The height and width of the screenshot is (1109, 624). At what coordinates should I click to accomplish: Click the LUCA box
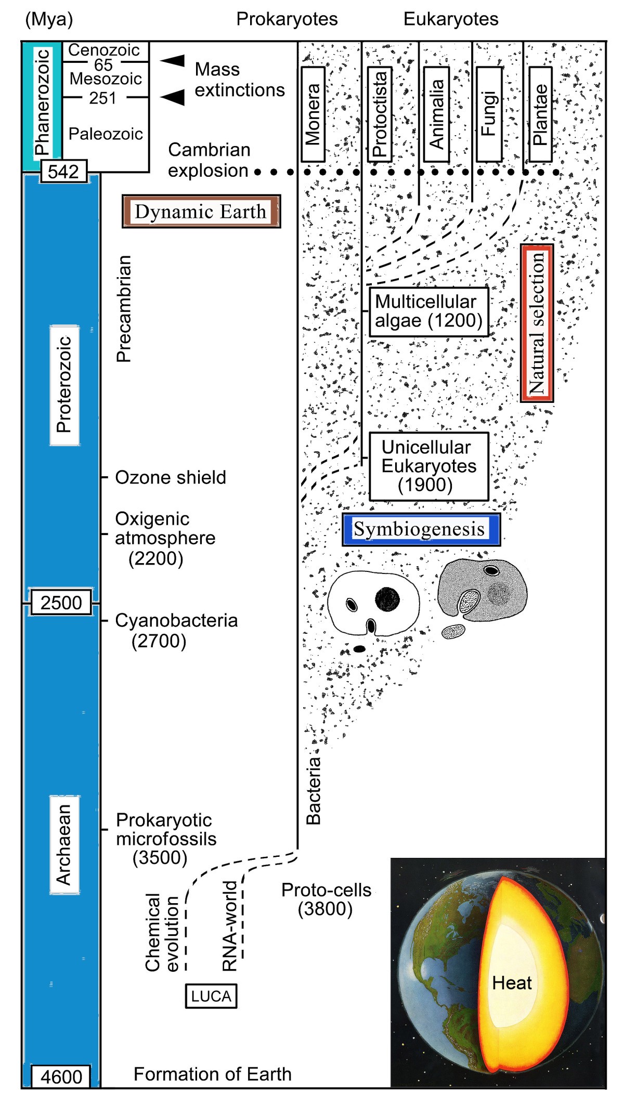(x=211, y=996)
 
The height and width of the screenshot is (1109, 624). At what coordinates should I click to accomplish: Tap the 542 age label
(x=63, y=172)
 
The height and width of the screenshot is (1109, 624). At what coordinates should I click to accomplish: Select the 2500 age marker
(x=61, y=603)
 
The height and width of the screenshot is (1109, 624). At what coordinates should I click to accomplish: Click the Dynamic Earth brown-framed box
(x=201, y=212)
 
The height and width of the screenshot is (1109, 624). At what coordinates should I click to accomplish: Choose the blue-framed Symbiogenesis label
(x=421, y=529)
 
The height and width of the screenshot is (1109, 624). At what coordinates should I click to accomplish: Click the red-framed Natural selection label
(x=537, y=323)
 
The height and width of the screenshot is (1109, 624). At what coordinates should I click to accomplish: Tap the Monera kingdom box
(x=313, y=114)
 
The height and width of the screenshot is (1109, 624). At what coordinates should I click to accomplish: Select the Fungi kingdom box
(x=489, y=114)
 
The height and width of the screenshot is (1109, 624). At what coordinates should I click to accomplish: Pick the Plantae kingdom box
(x=540, y=114)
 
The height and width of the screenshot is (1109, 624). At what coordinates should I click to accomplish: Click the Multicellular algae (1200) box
(x=428, y=311)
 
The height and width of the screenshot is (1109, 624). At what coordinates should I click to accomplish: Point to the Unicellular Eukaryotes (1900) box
(x=428, y=466)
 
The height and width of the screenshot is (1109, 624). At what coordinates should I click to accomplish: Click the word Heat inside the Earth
(x=512, y=983)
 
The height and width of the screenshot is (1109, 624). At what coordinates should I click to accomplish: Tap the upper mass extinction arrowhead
(x=173, y=60)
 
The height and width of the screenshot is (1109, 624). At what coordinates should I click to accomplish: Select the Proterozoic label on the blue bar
(x=64, y=385)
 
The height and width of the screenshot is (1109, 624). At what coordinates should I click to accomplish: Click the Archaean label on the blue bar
(x=64, y=844)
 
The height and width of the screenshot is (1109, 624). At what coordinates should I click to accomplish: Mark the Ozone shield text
(x=170, y=477)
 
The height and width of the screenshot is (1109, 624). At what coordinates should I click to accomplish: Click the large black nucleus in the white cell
(x=387, y=599)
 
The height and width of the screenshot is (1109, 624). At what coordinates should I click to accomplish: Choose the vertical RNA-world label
(x=230, y=926)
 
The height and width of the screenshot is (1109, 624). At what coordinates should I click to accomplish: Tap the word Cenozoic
(x=104, y=50)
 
